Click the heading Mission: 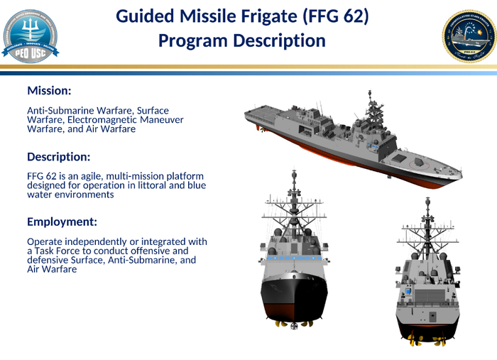click(x=49, y=91)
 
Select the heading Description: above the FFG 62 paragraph click(x=59, y=156)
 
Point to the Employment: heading click(x=62, y=222)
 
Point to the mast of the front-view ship click(x=293, y=192)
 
